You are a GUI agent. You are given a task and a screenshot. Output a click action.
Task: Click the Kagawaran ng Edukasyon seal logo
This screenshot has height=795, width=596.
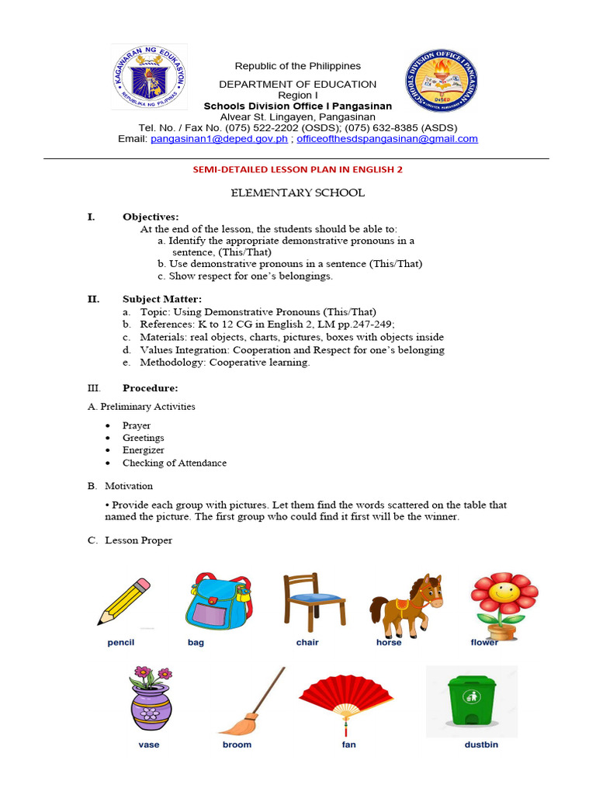[149, 77]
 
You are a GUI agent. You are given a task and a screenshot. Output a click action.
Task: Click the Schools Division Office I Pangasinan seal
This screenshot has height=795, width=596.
[441, 80]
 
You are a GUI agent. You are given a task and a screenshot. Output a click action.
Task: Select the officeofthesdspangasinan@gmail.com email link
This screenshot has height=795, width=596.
[387, 139]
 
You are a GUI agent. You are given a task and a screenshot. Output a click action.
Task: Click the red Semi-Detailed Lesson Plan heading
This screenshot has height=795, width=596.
[297, 169]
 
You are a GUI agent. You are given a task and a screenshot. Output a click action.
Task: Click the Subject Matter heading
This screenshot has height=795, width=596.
[162, 299]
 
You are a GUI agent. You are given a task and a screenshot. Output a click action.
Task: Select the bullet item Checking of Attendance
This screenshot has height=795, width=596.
[175, 463]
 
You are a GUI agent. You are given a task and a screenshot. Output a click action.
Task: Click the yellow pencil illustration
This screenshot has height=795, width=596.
[124, 601]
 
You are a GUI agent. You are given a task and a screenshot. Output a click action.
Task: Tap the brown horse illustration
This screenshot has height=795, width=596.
[407, 604]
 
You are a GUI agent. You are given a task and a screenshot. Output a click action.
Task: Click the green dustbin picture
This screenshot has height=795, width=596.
[471, 703]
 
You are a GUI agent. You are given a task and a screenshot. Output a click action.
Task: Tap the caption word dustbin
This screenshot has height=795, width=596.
[480, 745]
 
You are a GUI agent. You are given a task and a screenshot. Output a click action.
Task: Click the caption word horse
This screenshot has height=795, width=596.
[389, 643]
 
